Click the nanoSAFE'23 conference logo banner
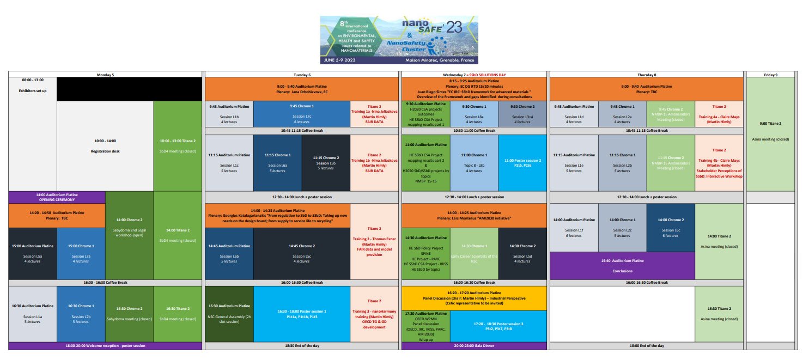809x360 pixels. pos(399,39)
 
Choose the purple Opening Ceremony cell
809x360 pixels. pos(57,197)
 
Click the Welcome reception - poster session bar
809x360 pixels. pos(105,345)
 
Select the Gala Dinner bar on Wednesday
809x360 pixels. pos(474,345)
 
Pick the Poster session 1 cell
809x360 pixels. pos(302,314)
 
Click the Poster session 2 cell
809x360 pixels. pos(522,162)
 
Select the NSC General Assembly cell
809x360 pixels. pos(229,314)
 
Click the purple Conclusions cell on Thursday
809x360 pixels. pos(623,265)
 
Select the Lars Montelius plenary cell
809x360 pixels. pos(474,215)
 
